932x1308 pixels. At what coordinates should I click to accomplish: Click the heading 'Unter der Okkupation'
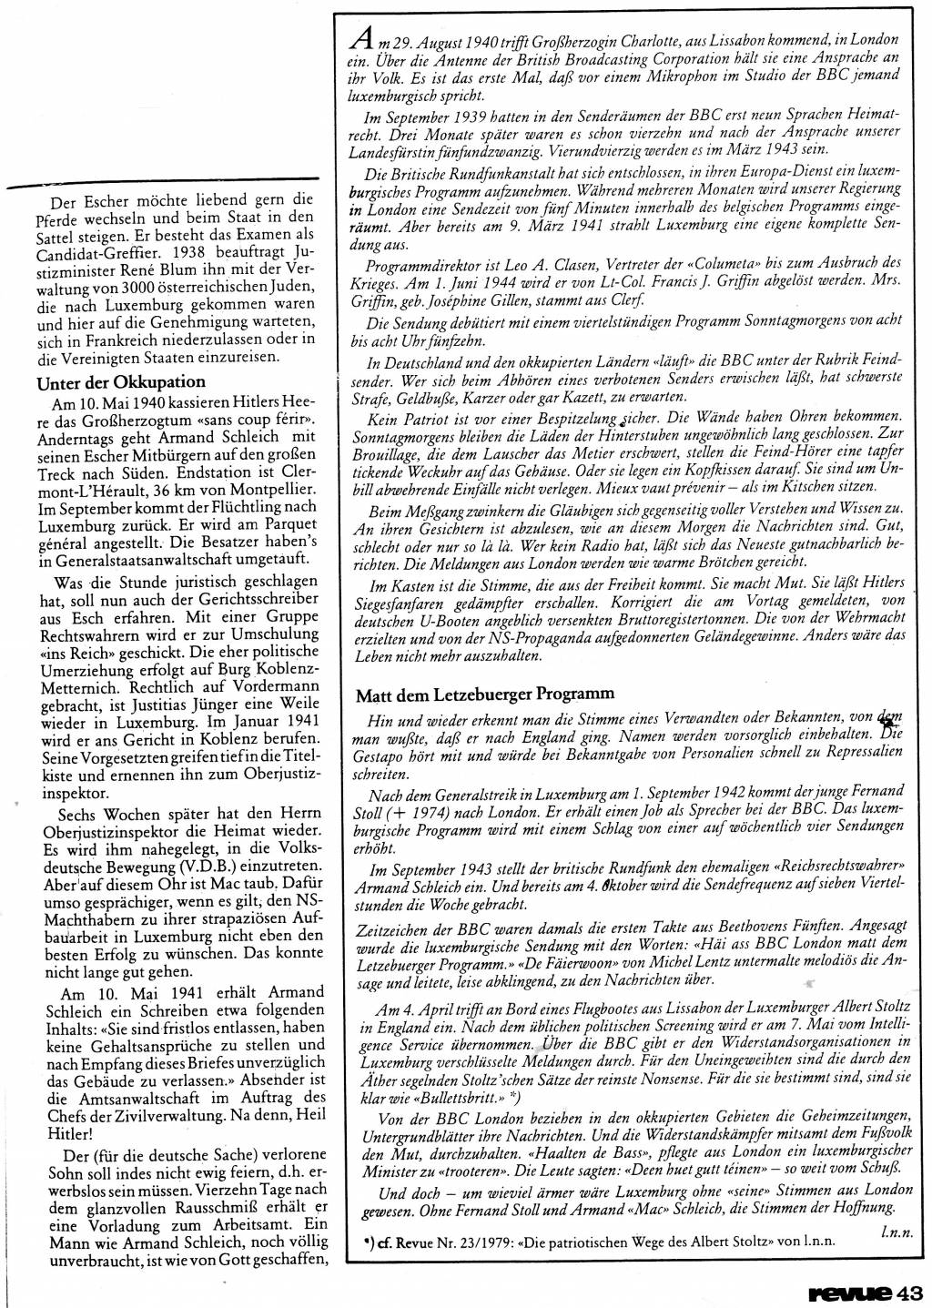120,381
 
